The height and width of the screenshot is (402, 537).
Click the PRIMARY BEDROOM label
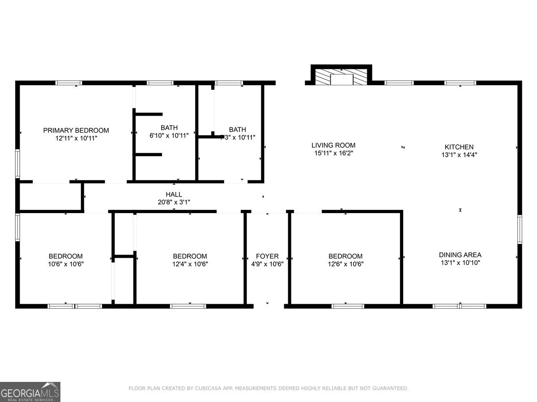(x=76, y=130)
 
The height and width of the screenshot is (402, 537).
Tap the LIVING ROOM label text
(x=333, y=145)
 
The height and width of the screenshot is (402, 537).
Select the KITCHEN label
(x=459, y=147)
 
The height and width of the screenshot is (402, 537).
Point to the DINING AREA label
(x=460, y=255)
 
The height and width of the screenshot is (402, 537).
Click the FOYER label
(x=267, y=256)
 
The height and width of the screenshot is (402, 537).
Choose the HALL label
(x=174, y=194)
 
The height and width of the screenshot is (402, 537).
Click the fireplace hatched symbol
(x=341, y=77)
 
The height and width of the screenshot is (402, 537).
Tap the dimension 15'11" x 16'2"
(x=333, y=153)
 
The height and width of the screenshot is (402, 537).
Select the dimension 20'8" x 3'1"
(x=174, y=202)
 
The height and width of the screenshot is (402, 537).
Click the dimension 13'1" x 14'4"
(x=459, y=155)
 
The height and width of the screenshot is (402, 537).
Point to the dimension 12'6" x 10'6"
(x=345, y=264)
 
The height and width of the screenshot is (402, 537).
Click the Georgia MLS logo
(x=30, y=392)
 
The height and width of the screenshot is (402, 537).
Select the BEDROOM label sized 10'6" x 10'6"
(x=65, y=256)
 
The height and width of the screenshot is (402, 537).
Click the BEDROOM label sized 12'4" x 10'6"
(x=190, y=256)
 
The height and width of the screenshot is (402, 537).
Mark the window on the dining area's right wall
(x=520, y=230)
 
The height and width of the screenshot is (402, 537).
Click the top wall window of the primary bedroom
(x=68, y=83)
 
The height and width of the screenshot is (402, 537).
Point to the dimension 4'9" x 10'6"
(x=267, y=264)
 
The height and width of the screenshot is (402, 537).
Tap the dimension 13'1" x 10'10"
(x=460, y=263)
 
